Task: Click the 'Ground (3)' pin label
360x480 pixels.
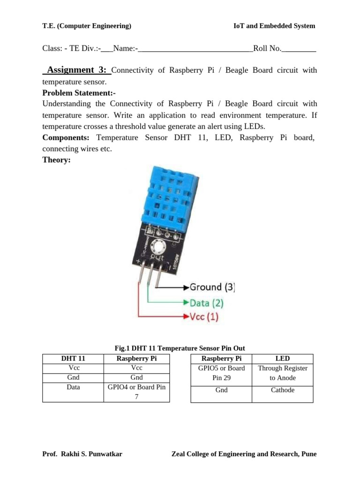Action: pos(212,287)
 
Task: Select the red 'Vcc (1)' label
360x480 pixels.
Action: pos(204,316)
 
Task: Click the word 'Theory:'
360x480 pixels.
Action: pos(56,160)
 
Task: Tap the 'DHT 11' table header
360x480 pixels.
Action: pos(73,359)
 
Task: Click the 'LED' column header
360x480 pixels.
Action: pos(283,359)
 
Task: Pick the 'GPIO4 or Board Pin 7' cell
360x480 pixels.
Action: pos(136,392)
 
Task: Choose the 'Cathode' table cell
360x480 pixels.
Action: pos(283,390)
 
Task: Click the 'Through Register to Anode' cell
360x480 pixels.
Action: pos(283,373)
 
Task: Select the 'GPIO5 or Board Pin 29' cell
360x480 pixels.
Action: pos(221,373)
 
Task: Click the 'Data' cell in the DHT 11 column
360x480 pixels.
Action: pos(73,387)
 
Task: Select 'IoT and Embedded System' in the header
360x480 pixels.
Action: pos(274,26)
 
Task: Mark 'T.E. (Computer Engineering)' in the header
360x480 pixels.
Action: pos(87,26)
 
